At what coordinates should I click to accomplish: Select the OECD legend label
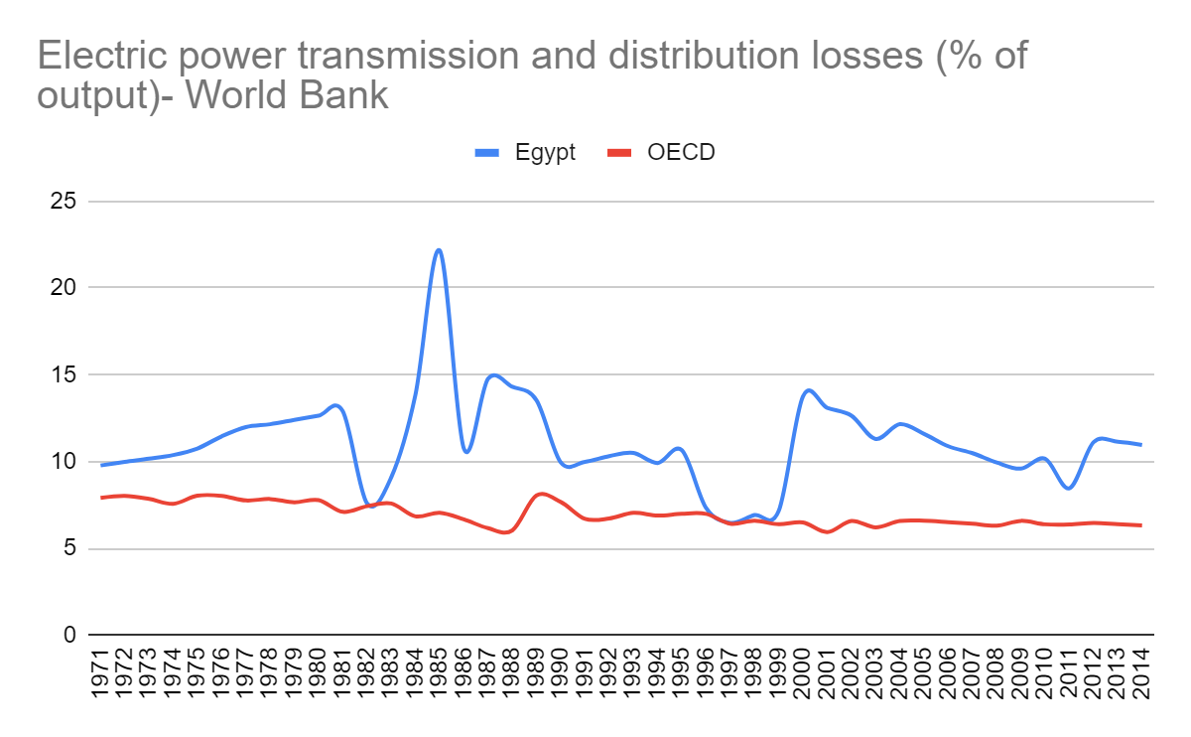681,152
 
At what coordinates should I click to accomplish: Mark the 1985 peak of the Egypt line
439,249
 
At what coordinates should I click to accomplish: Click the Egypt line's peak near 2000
808,389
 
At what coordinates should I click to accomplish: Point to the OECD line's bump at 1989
539,493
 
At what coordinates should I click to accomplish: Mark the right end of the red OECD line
1141,525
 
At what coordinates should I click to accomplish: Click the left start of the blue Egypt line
100,465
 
